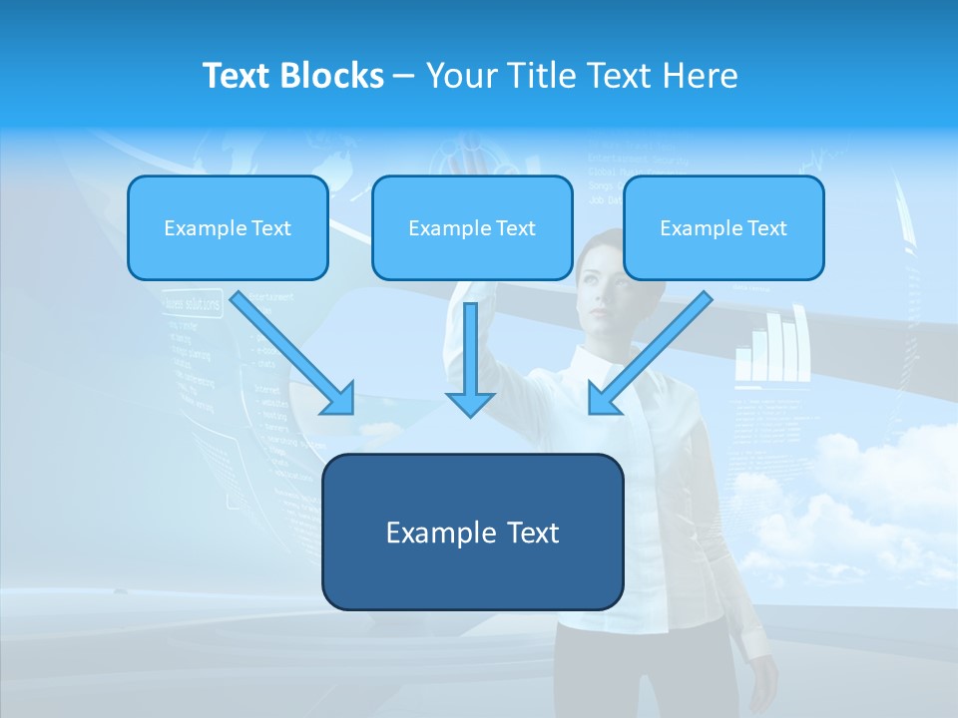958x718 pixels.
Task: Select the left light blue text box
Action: (x=228, y=227)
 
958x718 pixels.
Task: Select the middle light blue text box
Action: (x=472, y=227)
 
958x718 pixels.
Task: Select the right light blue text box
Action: (x=723, y=227)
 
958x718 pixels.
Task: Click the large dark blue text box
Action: (x=472, y=532)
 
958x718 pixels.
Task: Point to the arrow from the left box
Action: (x=293, y=354)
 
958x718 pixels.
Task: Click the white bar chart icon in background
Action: (x=770, y=349)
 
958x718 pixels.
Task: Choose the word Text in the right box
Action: (x=766, y=227)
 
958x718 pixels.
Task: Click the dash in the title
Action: (x=404, y=76)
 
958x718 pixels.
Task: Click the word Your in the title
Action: (x=460, y=76)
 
